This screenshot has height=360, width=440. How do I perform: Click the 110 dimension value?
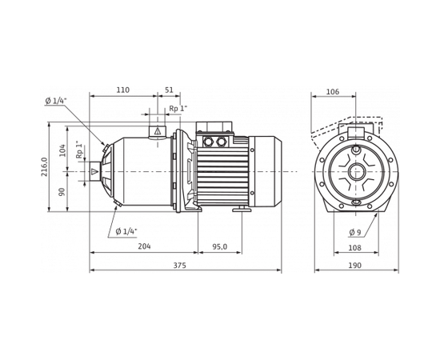(x=122, y=90)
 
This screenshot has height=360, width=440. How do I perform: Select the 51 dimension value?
(x=169, y=90)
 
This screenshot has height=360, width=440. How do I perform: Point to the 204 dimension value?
(x=144, y=247)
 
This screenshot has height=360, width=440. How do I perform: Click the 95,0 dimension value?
(x=219, y=247)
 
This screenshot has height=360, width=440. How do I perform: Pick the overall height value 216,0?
(x=45, y=166)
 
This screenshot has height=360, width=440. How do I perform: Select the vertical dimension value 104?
(x=62, y=150)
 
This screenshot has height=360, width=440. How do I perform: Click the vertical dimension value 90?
(x=62, y=192)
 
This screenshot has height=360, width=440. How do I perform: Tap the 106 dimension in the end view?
(x=332, y=92)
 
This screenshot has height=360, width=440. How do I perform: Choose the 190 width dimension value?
(x=355, y=266)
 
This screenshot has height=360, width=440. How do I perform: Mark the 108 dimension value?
(x=354, y=248)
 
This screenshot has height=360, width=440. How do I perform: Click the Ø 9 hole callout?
(x=354, y=233)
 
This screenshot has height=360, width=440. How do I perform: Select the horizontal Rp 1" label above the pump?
(x=178, y=109)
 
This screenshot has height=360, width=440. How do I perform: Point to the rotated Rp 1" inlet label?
(x=79, y=150)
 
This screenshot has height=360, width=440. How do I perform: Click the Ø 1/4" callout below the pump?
(x=126, y=231)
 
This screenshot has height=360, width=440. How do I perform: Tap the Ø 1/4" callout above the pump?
(x=56, y=101)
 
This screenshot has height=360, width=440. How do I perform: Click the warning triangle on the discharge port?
(x=158, y=130)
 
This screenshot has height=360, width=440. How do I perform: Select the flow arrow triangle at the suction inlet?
(x=94, y=171)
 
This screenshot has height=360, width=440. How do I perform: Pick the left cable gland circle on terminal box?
(x=208, y=142)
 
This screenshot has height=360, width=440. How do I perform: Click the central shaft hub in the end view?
(x=355, y=171)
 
